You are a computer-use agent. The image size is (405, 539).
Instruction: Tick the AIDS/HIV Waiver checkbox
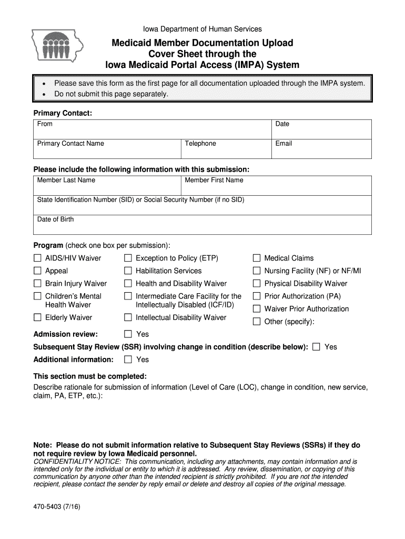pyautogui.click(x=37, y=258)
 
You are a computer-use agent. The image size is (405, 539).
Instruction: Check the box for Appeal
pyautogui.click(x=37, y=271)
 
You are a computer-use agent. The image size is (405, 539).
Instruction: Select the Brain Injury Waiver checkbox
pyautogui.click(x=37, y=283)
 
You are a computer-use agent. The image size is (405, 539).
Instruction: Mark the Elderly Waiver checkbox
pyautogui.click(x=37, y=317)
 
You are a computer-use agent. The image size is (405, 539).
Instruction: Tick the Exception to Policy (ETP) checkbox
pyautogui.click(x=128, y=258)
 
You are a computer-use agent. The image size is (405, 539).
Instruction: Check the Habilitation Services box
pyautogui.click(x=128, y=271)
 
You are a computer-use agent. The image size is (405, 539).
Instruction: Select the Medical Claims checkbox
pyautogui.click(x=257, y=258)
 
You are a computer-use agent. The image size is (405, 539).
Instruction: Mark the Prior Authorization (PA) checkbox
pyautogui.click(x=257, y=296)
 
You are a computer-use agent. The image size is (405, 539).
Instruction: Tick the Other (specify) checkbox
pyautogui.click(x=257, y=322)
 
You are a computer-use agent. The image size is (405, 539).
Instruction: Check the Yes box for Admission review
pyautogui.click(x=128, y=334)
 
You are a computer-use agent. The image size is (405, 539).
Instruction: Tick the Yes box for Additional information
pyautogui.click(x=128, y=360)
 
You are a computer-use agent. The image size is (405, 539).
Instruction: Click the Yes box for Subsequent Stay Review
pyautogui.click(x=316, y=347)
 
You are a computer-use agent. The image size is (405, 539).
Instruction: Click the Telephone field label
pyautogui.click(x=200, y=144)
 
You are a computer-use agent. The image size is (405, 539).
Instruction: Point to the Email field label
pyautogui.click(x=283, y=144)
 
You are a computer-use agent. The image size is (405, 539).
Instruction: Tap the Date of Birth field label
pyautogui.click(x=55, y=219)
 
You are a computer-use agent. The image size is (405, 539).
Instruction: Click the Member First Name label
pyautogui.click(x=214, y=180)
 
